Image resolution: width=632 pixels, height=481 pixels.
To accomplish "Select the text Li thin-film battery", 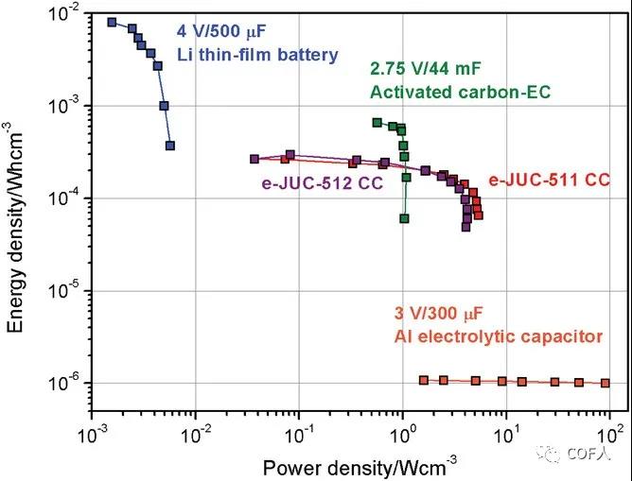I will click(x=256, y=55).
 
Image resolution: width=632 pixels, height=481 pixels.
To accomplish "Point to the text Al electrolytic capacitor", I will click(x=498, y=335).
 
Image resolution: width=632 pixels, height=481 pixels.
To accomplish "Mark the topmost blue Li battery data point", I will click(x=112, y=22).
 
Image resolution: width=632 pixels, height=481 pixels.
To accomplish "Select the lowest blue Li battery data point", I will click(x=169, y=146).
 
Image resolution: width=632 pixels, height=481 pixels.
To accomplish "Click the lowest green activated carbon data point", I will click(x=404, y=218).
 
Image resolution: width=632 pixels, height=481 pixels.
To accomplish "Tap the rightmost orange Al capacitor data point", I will click(x=605, y=383).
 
